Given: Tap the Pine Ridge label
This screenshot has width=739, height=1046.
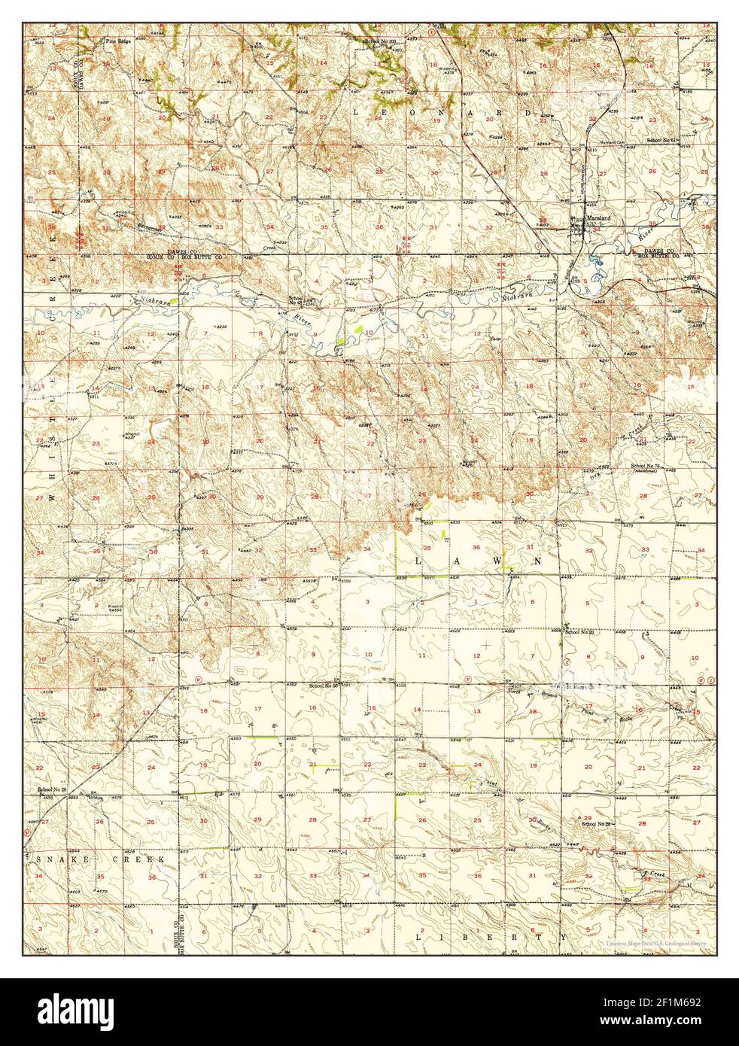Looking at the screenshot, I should [x=117, y=41].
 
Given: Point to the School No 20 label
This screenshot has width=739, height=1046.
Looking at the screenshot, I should [x=580, y=632].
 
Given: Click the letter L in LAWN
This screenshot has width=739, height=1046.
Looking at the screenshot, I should [x=421, y=561].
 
